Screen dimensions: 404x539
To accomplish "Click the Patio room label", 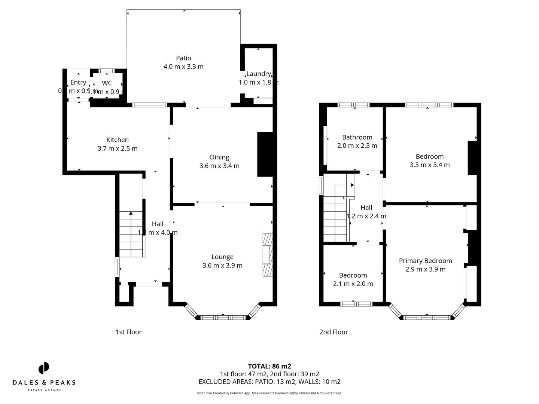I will pyautogui.click(x=183, y=58).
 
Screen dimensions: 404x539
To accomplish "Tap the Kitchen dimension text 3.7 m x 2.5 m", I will pyautogui.click(x=118, y=149).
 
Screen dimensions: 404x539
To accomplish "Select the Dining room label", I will pyautogui.click(x=219, y=157).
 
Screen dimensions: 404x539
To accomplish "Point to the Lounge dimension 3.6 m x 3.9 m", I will pyautogui.click(x=222, y=266).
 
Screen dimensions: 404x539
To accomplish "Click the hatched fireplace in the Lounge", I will pyautogui.click(x=268, y=255).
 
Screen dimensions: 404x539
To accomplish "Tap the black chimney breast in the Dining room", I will pyautogui.click(x=265, y=154).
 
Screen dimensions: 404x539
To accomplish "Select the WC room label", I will pyautogui.click(x=107, y=83).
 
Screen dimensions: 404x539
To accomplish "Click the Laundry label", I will pyautogui.click(x=258, y=74).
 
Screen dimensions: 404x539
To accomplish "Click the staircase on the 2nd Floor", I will pyautogui.click(x=335, y=221).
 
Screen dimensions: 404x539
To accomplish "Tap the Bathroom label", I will pyautogui.click(x=357, y=137).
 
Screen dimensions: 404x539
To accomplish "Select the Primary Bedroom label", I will pyautogui.click(x=425, y=261).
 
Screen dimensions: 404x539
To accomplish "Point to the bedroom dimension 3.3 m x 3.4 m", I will pyautogui.click(x=430, y=165).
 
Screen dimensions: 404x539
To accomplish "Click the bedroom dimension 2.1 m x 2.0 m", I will pyautogui.click(x=353, y=284).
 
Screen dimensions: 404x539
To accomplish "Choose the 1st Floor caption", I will pyautogui.click(x=128, y=332).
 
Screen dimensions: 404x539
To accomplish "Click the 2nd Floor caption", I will pyautogui.click(x=334, y=332).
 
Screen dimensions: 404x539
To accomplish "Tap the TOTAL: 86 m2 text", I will pyautogui.click(x=269, y=366).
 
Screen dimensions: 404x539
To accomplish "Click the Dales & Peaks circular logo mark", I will pyautogui.click(x=44, y=368).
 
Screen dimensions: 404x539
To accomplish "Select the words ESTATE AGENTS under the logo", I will pyautogui.click(x=44, y=391).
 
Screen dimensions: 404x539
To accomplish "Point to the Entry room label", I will pyautogui.click(x=78, y=82).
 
